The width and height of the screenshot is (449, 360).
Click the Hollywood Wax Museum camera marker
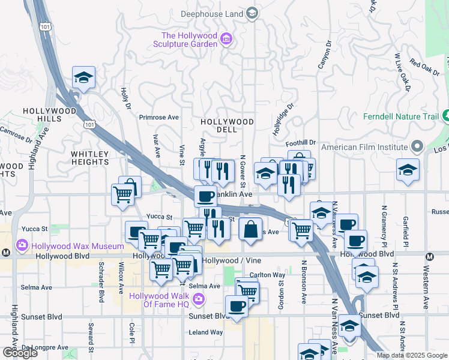[x=23, y=245]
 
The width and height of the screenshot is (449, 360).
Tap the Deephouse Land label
[x=213, y=13]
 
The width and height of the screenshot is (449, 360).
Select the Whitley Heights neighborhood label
[x=90, y=158]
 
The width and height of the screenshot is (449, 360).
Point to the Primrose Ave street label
[x=159, y=118]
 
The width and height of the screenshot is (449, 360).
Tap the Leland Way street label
[x=206, y=332]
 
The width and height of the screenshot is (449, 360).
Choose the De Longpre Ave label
[x=45, y=347]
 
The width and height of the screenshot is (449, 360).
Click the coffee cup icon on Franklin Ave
[x=205, y=196]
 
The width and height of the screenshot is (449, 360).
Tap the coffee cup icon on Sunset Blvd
[x=237, y=306]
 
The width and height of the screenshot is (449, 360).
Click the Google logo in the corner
[x=20, y=353]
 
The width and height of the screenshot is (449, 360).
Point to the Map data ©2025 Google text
[x=412, y=355]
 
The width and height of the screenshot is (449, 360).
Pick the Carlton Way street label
[x=267, y=275]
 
